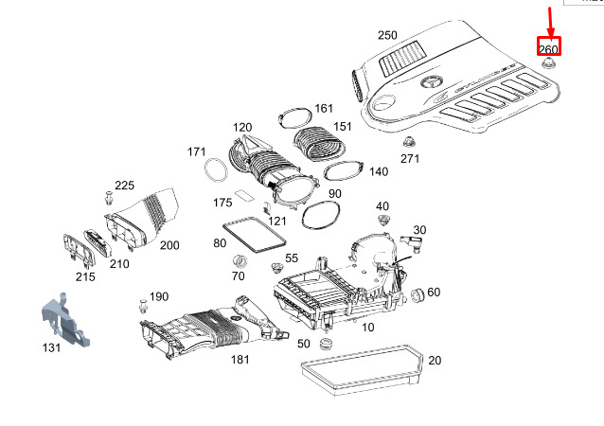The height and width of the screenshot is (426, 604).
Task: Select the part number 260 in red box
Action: click(548, 49)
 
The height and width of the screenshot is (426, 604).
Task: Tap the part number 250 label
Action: click(387, 35)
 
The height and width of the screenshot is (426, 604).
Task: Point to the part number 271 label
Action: click(409, 158)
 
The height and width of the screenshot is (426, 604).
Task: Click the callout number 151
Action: click(342, 126)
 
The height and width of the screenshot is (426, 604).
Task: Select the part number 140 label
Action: click(378, 171)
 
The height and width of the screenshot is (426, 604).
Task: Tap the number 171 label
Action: click(196, 151)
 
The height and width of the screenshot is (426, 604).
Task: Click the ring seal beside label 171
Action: click(217, 170)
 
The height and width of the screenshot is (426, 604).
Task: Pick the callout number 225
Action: click(125, 185)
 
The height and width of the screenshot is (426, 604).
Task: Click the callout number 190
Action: click(158, 296)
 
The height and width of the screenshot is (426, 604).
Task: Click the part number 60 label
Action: click(434, 292)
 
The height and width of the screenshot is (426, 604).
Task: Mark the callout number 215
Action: click(85, 277)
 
